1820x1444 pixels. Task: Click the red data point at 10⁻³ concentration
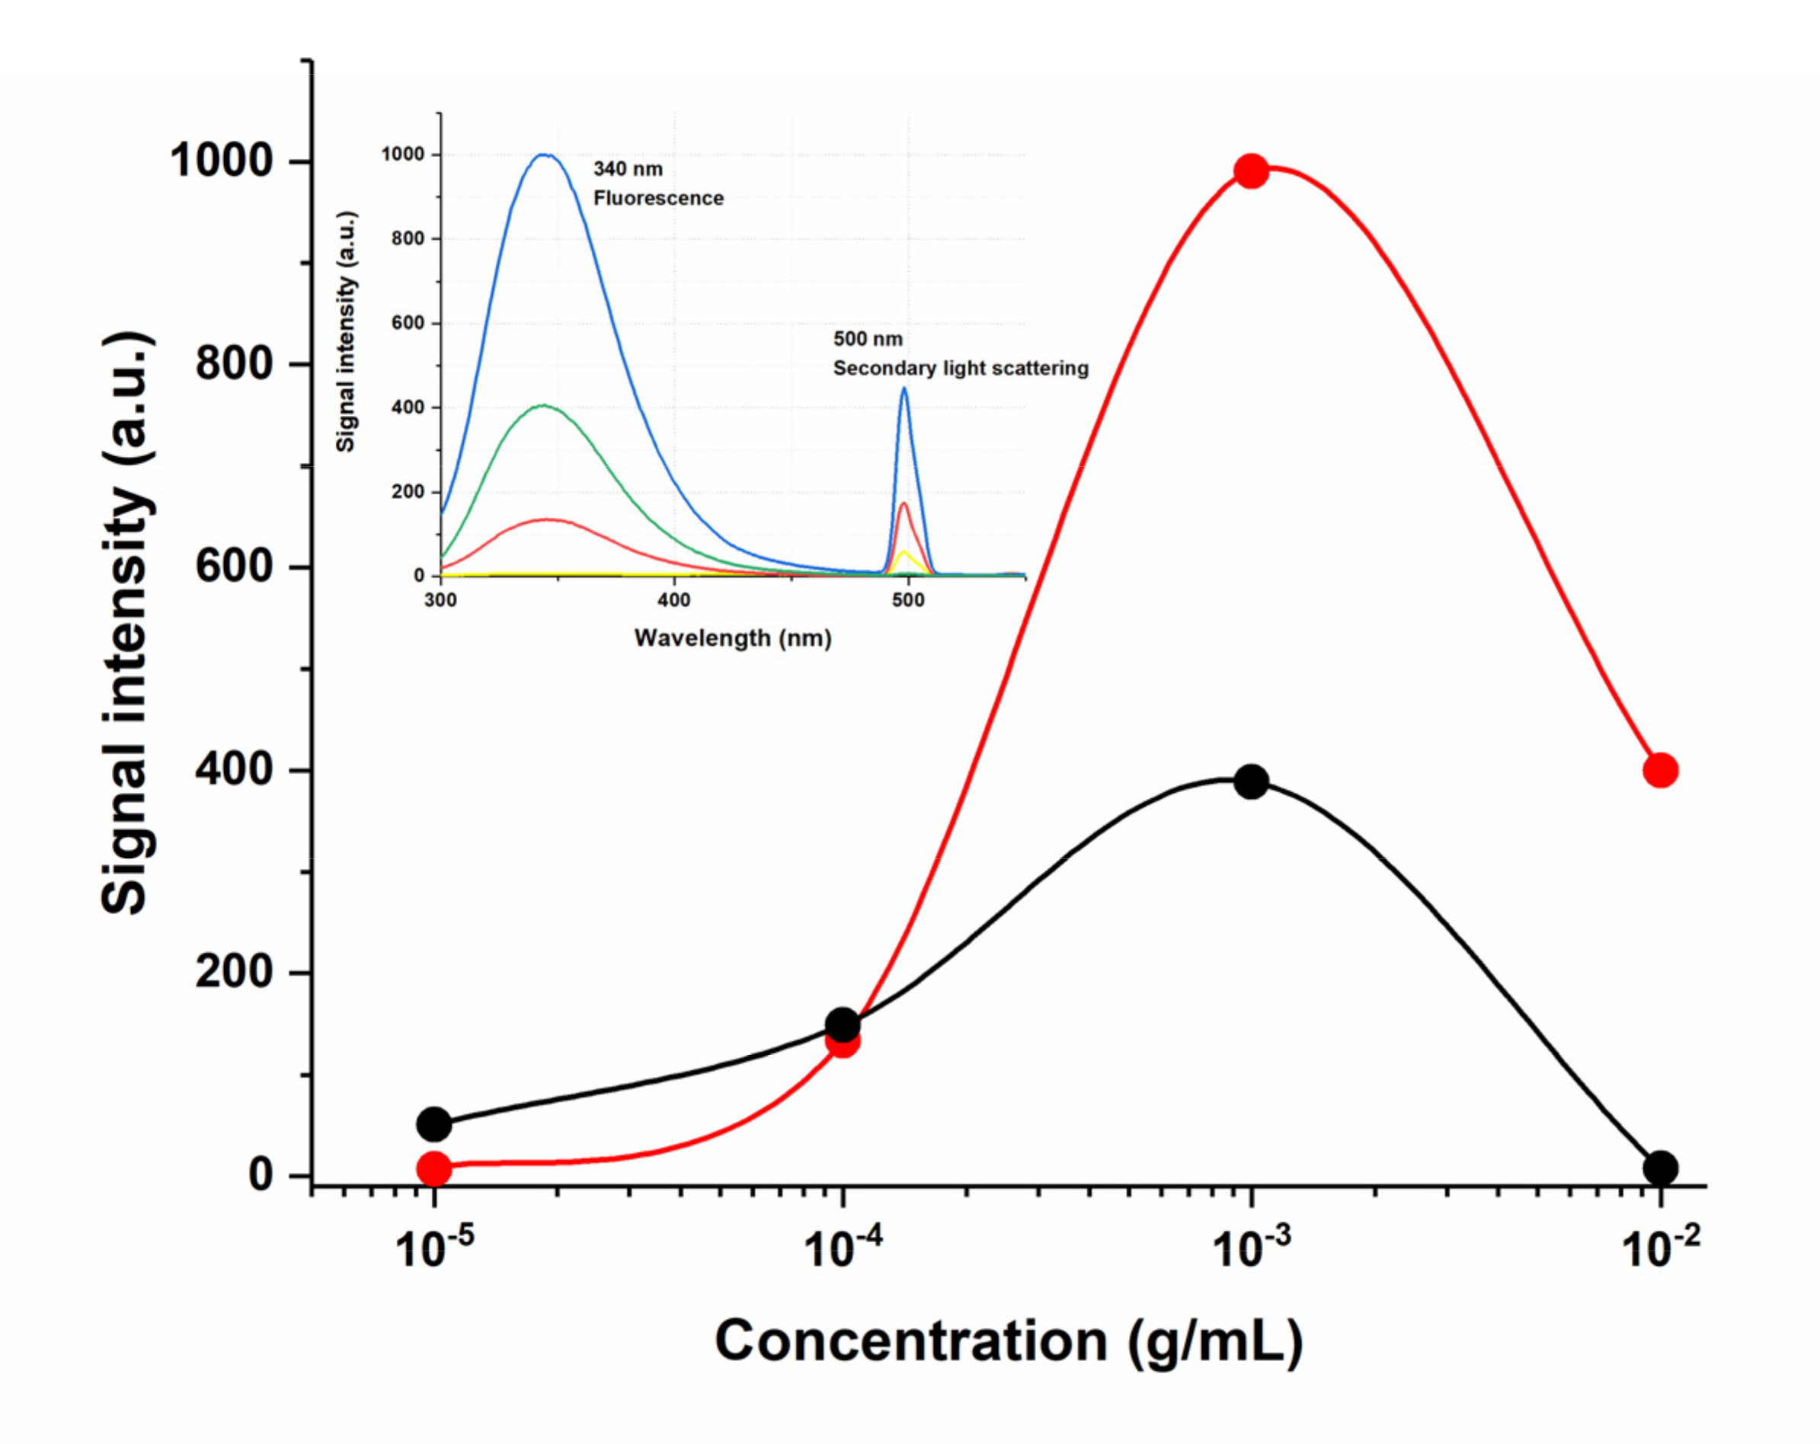point(1251,171)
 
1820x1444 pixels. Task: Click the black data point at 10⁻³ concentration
point(1251,781)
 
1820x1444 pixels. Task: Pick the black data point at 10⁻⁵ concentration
point(434,1124)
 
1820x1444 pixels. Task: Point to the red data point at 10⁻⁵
point(434,1169)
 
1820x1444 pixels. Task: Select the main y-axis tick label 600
point(234,567)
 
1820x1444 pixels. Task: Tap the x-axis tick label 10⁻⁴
point(843,1248)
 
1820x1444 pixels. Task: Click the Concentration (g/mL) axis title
point(1009,1343)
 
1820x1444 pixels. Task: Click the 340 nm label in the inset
point(628,169)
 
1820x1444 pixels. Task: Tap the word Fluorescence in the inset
point(658,198)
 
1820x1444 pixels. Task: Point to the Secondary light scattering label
point(961,369)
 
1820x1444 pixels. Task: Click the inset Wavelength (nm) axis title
point(733,638)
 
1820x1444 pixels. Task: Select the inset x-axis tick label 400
point(673,600)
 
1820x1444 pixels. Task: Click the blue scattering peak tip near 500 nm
point(904,389)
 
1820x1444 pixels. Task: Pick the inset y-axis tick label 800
point(408,239)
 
